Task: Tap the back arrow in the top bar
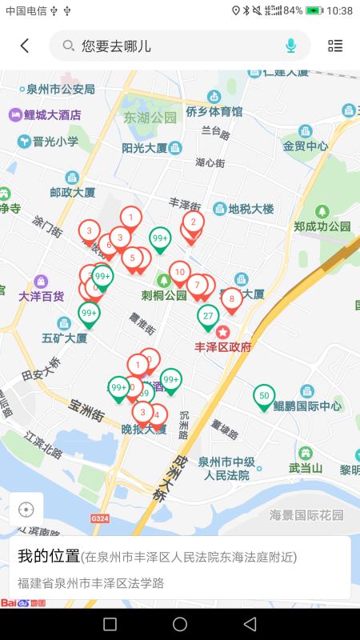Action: click(x=25, y=46)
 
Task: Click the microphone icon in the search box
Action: click(x=290, y=46)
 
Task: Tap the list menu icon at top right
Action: click(x=335, y=46)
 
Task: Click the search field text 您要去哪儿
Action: click(x=116, y=46)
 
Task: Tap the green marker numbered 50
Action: click(x=264, y=396)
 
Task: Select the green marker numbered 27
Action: click(x=208, y=316)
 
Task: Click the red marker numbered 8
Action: click(x=232, y=300)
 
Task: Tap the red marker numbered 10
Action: click(x=180, y=273)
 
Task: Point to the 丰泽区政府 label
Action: click(x=223, y=346)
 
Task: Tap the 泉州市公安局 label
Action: click(x=59, y=89)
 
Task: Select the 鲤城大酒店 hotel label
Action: click(x=53, y=115)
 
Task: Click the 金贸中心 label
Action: click(x=305, y=146)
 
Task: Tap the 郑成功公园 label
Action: click(x=322, y=226)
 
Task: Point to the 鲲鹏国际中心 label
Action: click(x=307, y=406)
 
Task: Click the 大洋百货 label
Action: click(x=41, y=296)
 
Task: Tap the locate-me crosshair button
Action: click(x=26, y=510)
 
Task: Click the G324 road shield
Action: click(x=100, y=518)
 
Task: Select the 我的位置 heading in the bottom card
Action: click(x=49, y=556)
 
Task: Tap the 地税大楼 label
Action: click(x=250, y=210)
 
